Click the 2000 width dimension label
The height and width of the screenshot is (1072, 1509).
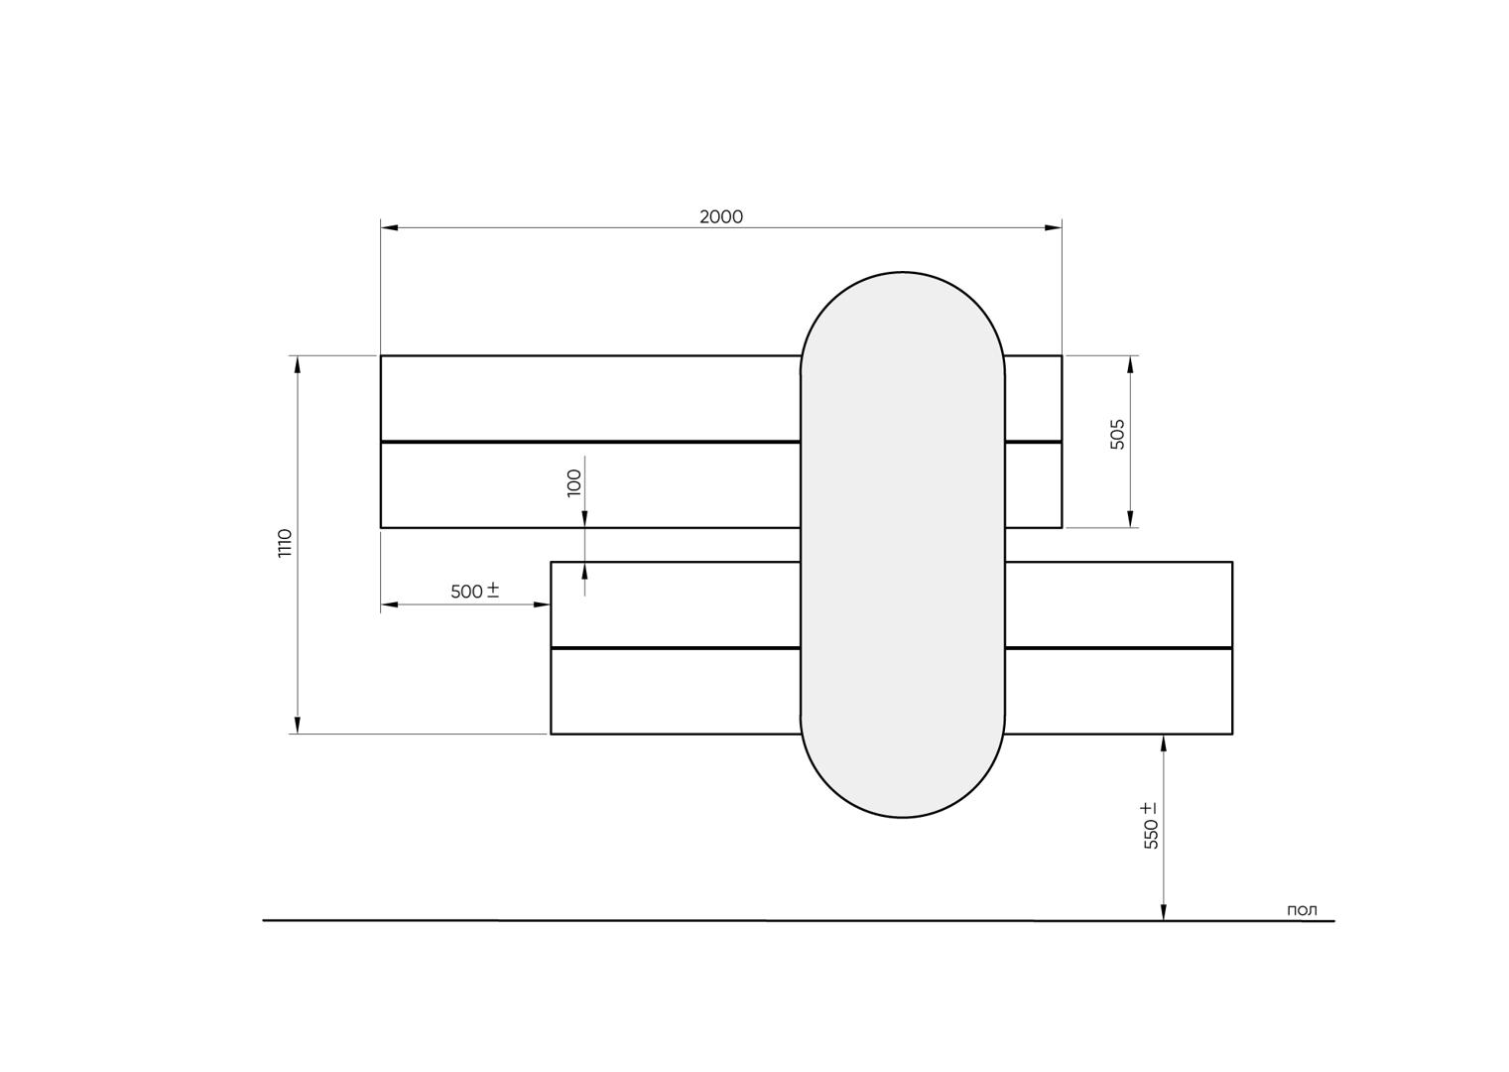(x=721, y=217)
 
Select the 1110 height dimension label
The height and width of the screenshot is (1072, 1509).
(x=285, y=544)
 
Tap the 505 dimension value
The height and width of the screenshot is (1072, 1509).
(x=1117, y=435)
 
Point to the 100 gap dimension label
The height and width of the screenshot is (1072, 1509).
(x=574, y=483)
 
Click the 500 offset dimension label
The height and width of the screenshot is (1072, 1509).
(x=466, y=592)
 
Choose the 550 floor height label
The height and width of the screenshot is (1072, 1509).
(x=1151, y=834)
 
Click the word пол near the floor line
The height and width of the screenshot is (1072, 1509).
(x=1302, y=910)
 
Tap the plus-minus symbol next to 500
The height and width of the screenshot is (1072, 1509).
(x=492, y=591)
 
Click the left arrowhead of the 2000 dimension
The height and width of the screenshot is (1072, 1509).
(x=389, y=227)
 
